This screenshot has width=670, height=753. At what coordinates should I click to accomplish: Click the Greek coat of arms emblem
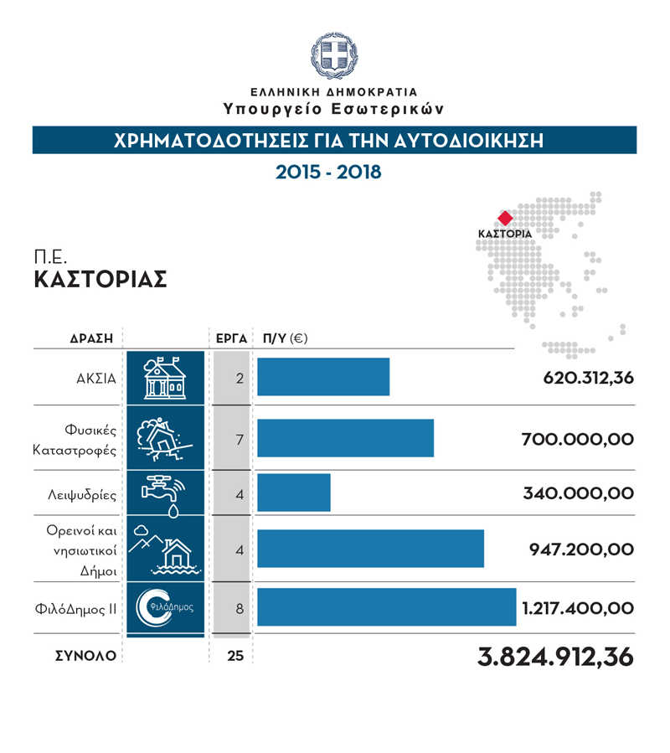333,54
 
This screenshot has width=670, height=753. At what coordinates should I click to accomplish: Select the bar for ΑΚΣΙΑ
323,377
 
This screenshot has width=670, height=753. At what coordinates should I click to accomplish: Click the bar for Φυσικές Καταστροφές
345,438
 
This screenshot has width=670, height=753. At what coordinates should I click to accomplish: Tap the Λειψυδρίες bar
294,493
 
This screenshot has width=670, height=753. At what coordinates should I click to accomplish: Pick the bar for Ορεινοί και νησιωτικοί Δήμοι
370,549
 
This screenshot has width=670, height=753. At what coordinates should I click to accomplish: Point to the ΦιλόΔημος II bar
386,607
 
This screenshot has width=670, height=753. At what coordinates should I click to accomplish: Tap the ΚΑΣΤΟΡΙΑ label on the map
504,234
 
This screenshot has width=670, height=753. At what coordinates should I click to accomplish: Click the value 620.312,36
588,378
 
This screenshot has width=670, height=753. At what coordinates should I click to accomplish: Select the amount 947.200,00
581,549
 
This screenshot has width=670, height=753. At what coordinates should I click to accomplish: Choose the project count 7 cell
240,439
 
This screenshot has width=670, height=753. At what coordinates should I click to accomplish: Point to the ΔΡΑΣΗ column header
91,338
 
